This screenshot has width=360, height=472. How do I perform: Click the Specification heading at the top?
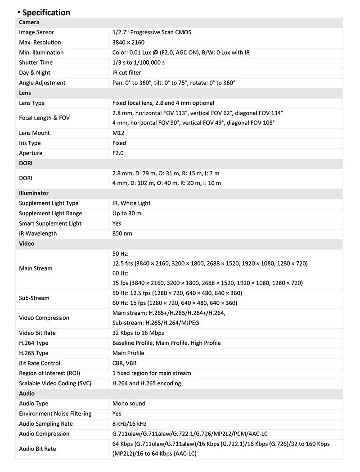click(x=46, y=12)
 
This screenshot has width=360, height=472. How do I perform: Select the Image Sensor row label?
click(x=36, y=32)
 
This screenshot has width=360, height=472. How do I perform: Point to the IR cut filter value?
click(x=126, y=72)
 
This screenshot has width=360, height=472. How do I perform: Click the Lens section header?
click(x=25, y=93)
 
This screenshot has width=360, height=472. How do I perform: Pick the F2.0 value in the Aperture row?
click(x=118, y=153)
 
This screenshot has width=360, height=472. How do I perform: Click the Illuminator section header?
click(x=34, y=193)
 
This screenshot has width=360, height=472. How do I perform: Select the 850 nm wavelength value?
click(x=122, y=233)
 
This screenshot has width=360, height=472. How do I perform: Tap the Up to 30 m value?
click(x=126, y=214)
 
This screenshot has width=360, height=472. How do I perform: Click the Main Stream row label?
click(x=36, y=268)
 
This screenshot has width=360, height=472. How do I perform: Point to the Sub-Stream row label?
click(x=34, y=298)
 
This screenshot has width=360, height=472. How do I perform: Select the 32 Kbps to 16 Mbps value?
click(x=138, y=333)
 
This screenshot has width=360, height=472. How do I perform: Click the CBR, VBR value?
click(x=125, y=363)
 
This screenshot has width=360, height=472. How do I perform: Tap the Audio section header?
click(x=27, y=393)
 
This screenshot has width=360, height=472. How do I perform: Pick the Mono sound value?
click(x=129, y=404)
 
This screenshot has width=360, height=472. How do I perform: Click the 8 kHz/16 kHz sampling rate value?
click(x=129, y=423)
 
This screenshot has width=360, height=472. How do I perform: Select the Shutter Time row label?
click(x=36, y=62)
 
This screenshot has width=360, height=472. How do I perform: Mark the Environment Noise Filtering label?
click(x=55, y=414)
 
